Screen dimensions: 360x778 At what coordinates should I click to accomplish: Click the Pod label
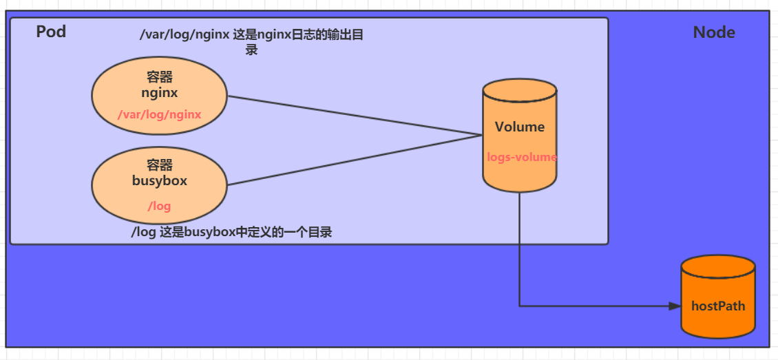(51, 32)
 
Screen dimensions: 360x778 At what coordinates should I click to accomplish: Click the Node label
(714, 32)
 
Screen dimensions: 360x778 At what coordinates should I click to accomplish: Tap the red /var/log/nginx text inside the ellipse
(159, 114)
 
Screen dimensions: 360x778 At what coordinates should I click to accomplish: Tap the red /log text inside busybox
(159, 206)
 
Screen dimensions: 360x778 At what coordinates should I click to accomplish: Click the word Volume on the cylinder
(520, 127)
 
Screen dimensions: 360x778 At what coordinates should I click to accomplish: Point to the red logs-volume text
(521, 157)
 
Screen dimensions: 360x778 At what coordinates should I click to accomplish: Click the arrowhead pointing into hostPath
(675, 306)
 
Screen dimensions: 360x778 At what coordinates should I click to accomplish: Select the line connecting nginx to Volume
(355, 115)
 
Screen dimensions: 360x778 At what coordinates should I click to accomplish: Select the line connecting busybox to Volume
(355, 160)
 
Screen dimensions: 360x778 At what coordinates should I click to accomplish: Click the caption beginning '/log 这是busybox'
(231, 233)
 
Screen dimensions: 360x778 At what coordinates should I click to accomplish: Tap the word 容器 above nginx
(160, 77)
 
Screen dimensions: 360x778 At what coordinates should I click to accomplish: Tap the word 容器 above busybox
(160, 165)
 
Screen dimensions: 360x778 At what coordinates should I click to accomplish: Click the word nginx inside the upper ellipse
(160, 92)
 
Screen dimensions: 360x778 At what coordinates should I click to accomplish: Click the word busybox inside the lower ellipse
(160, 181)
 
